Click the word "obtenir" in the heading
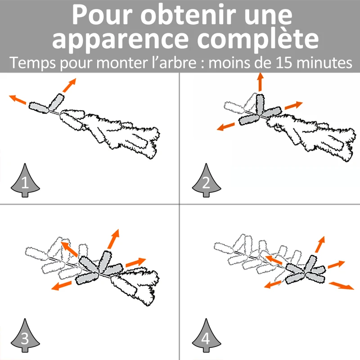pos(188,15)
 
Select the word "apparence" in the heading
pos(120,40)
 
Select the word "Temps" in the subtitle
pos(32,63)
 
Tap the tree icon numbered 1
pos(25,180)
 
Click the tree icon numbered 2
pos(207,180)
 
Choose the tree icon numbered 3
pos(25,335)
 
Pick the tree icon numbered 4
pos(207,335)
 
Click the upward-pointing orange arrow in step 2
pos(260,82)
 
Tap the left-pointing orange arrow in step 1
pos(18,99)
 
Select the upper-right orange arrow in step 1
pos(69,85)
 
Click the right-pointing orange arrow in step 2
pos(294,105)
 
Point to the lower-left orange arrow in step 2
pos(226,126)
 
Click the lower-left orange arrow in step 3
pos(61,285)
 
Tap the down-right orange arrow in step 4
pos(342,286)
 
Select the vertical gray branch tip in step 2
pos(260,104)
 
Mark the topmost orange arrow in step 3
pos(113,239)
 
